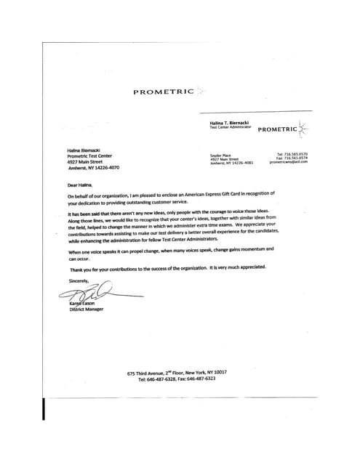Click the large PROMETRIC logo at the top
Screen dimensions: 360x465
coord(164,92)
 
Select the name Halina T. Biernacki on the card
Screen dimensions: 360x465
coord(230,124)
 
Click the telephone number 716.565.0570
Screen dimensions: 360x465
coord(293,154)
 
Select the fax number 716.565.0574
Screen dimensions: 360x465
coord(293,158)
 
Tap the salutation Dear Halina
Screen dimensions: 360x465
coord(81,185)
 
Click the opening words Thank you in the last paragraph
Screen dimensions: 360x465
coord(79,268)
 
